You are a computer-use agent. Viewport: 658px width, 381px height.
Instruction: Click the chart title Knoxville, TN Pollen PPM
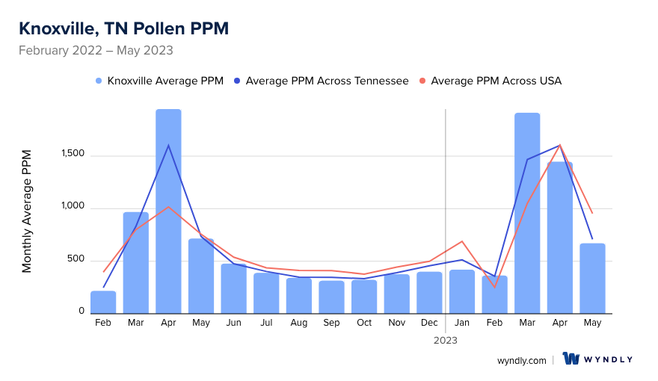pos(123,28)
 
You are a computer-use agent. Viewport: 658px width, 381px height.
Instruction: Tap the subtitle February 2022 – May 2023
pos(96,51)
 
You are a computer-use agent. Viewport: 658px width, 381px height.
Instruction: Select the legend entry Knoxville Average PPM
pos(159,81)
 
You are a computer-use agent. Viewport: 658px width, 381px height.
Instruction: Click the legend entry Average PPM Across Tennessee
pos(321,81)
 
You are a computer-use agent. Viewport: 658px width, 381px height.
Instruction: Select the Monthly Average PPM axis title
pos(27,211)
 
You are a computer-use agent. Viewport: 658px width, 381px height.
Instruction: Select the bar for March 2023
pos(527,213)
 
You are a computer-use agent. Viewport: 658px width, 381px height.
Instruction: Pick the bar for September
pos(331,297)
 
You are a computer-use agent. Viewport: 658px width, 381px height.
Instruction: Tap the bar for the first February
pos(103,302)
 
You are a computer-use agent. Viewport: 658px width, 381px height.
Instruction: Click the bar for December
pos(429,292)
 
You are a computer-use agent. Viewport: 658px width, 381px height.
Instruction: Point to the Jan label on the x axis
pos(462,323)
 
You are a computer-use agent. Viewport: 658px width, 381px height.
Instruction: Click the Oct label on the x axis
pos(364,323)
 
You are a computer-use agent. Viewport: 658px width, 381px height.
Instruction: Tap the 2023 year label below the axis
pos(446,340)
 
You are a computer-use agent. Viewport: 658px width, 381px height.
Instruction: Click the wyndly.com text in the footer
pos(521,360)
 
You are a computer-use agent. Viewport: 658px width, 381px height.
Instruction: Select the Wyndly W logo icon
pos(571,359)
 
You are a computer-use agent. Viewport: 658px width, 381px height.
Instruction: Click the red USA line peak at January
pos(462,241)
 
